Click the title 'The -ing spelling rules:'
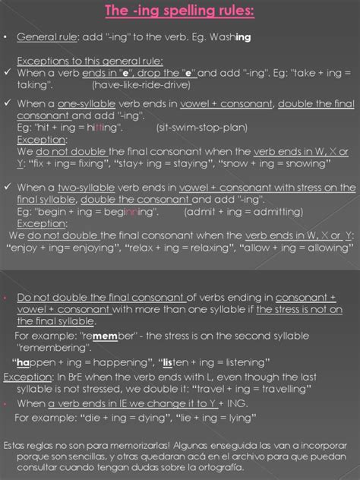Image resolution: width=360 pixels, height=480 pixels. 180,11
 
